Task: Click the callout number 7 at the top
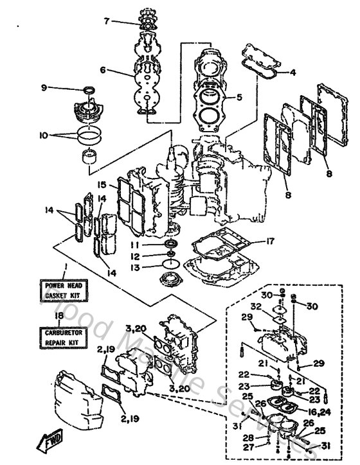(x=107, y=21)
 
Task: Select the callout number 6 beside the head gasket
(x=102, y=71)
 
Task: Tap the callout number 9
(x=62, y=87)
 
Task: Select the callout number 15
(x=102, y=184)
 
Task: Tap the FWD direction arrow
(x=51, y=443)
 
